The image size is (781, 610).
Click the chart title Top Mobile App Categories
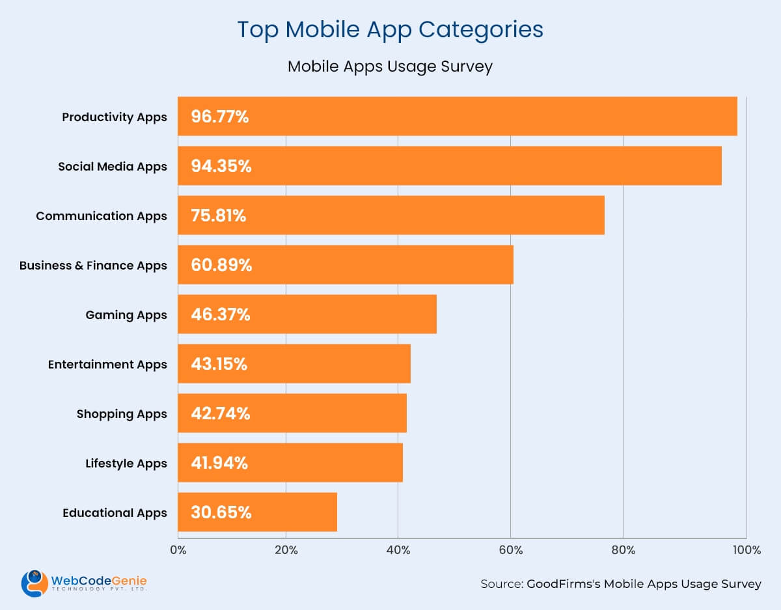click(x=390, y=30)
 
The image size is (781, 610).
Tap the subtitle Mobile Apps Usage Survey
click(x=390, y=67)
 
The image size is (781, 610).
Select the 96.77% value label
click(x=219, y=117)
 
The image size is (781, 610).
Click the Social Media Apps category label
click(x=112, y=167)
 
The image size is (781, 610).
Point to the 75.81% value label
click(x=219, y=216)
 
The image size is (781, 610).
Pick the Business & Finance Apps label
click(x=93, y=266)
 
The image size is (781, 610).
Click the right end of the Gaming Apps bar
click(x=435, y=314)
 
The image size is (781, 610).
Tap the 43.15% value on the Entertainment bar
click(x=219, y=364)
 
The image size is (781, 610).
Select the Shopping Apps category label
click(x=122, y=414)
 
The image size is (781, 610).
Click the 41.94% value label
click(x=219, y=463)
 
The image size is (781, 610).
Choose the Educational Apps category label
click(x=115, y=513)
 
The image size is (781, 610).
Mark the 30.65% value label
click(x=221, y=512)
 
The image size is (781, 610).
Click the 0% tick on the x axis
click(x=178, y=551)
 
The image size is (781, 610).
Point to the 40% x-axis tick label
click(x=398, y=551)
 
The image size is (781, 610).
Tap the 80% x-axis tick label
click(x=623, y=551)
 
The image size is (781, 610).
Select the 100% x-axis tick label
click(x=747, y=551)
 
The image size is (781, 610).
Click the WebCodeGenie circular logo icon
click(x=34, y=583)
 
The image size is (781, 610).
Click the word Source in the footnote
click(x=501, y=584)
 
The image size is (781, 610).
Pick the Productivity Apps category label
click(x=115, y=117)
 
